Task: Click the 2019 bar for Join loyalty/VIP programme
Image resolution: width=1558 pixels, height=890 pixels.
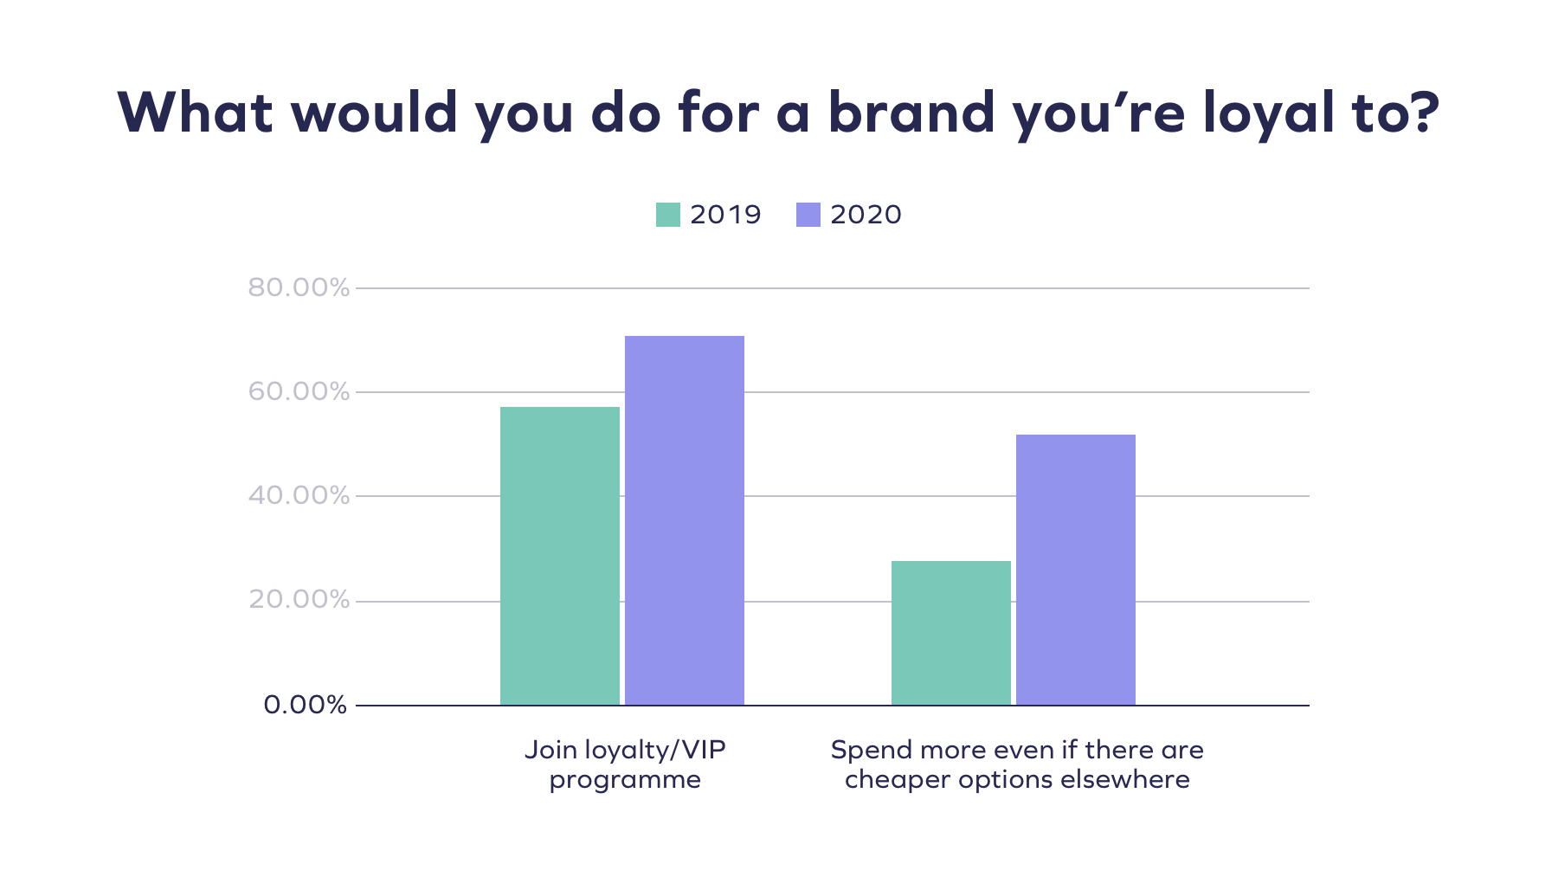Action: [559, 556]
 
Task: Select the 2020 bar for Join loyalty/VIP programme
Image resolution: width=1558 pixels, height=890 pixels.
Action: [684, 520]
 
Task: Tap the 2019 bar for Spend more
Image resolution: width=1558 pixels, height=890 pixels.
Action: [950, 633]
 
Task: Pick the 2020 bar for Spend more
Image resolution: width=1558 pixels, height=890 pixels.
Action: [1075, 570]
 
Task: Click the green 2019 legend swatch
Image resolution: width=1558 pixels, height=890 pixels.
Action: [667, 215]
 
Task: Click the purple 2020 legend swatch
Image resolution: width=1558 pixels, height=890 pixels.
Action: [808, 215]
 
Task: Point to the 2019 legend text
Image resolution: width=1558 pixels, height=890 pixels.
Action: [725, 215]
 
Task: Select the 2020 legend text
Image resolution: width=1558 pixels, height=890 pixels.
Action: [866, 215]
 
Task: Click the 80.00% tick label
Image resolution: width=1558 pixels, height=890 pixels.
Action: [299, 287]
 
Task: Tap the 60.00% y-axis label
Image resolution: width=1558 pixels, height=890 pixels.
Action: [299, 392]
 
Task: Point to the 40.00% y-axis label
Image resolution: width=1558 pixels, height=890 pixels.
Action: [299, 496]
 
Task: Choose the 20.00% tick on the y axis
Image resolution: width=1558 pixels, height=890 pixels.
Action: [299, 600]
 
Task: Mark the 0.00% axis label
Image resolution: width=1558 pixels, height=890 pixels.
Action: [305, 705]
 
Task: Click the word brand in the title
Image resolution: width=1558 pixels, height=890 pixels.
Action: [911, 113]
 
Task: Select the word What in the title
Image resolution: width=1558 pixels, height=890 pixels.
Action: [196, 113]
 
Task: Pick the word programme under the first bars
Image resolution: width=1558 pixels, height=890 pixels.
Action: [625, 781]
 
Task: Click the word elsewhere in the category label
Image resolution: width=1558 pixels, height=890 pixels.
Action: [1124, 780]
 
